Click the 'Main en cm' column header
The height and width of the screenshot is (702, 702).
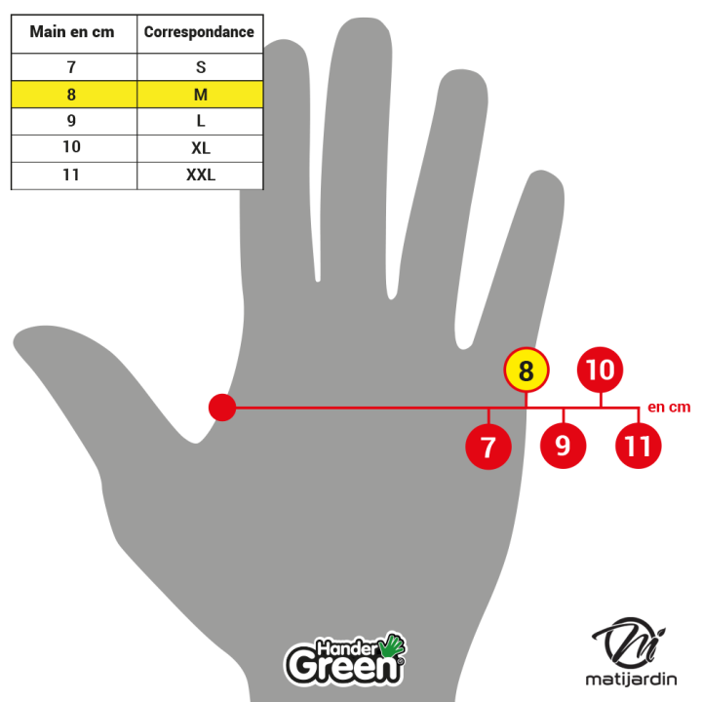(72, 32)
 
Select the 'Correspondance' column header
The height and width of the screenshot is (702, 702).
(199, 32)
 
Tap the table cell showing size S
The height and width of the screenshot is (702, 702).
(200, 68)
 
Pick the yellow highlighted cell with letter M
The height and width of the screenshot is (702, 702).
(200, 95)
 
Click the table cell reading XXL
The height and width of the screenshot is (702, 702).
(200, 175)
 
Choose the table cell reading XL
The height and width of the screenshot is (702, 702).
(200, 148)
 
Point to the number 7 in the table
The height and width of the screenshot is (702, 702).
(72, 68)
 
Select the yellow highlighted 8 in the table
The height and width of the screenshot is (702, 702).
(72, 95)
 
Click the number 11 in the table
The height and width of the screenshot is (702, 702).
(72, 175)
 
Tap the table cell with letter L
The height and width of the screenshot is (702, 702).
(200, 122)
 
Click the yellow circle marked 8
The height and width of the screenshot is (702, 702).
(526, 370)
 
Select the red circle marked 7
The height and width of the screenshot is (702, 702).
(488, 447)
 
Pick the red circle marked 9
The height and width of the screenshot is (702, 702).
(564, 447)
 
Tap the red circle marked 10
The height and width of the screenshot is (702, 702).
(601, 370)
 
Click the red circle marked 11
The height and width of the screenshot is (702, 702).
(639, 447)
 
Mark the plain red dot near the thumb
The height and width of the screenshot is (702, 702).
(222, 408)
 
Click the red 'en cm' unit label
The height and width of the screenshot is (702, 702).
(669, 408)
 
